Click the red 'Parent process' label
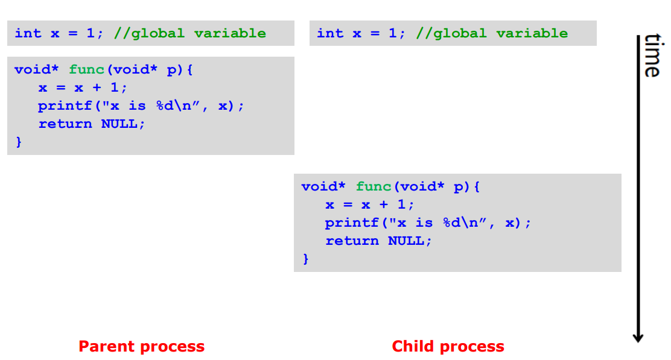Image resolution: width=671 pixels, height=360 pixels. click(141, 347)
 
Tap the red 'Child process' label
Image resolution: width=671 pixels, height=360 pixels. click(448, 347)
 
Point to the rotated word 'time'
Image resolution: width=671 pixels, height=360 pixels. click(651, 55)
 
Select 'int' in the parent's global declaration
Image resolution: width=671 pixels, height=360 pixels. click(28, 33)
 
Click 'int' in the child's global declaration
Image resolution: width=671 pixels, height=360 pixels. click(330, 33)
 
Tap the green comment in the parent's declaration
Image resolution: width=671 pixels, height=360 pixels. click(189, 33)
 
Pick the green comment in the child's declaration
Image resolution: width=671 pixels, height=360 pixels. click(492, 33)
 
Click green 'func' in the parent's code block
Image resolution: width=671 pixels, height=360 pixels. click(87, 69)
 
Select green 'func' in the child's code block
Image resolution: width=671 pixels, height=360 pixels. click(374, 186)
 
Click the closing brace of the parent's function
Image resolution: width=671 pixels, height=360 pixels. click(18, 142)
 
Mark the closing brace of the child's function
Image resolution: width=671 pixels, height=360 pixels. click(305, 259)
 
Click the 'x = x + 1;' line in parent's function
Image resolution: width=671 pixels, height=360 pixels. click(83, 87)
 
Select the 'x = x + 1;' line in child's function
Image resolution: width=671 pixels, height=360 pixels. click(369, 204)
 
